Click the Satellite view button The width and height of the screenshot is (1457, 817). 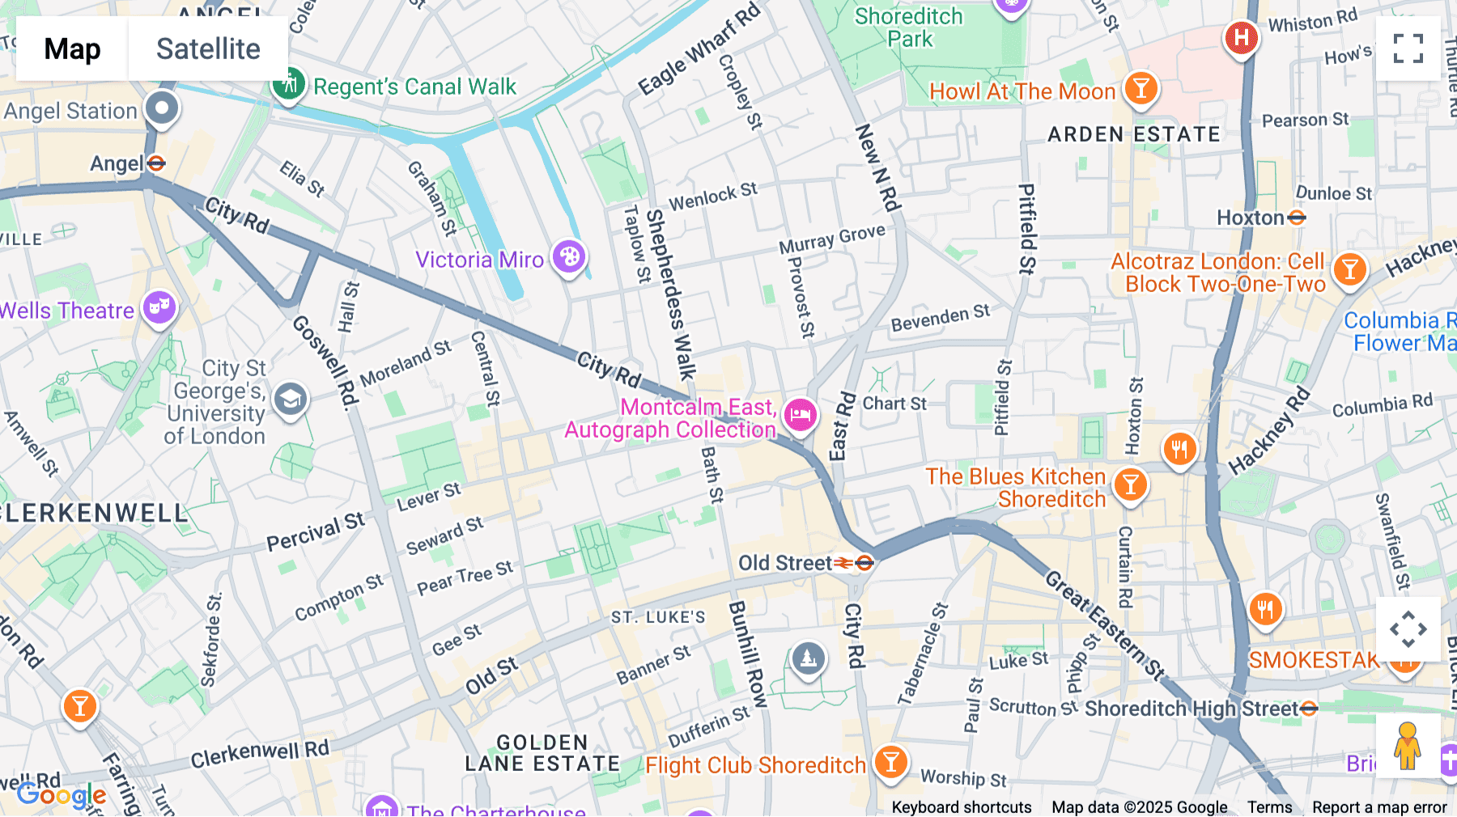(208, 49)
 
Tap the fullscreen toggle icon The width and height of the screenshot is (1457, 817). (1408, 49)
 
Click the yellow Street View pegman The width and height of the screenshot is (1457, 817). (1408, 746)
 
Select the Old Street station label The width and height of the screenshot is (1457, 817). (785, 563)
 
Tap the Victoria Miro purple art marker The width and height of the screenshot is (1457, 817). (569, 257)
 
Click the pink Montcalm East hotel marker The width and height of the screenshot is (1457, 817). (801, 415)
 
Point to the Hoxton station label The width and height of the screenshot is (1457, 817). (1251, 218)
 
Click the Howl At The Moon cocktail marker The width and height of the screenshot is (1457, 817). (1141, 87)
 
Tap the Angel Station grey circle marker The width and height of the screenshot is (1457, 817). (162, 108)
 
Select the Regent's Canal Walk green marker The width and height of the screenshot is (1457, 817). (288, 83)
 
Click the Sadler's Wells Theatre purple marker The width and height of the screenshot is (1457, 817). (159, 307)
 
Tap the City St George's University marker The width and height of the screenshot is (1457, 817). (290, 399)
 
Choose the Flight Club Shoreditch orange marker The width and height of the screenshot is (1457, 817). (890, 761)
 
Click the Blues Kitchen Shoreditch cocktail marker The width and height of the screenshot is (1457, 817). (1130, 484)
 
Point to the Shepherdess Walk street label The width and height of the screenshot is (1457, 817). (670, 295)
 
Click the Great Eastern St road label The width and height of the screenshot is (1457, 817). (1104, 624)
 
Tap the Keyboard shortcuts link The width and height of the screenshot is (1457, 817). (961, 806)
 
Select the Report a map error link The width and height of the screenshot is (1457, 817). (1378, 806)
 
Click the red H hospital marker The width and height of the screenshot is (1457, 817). (1241, 36)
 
